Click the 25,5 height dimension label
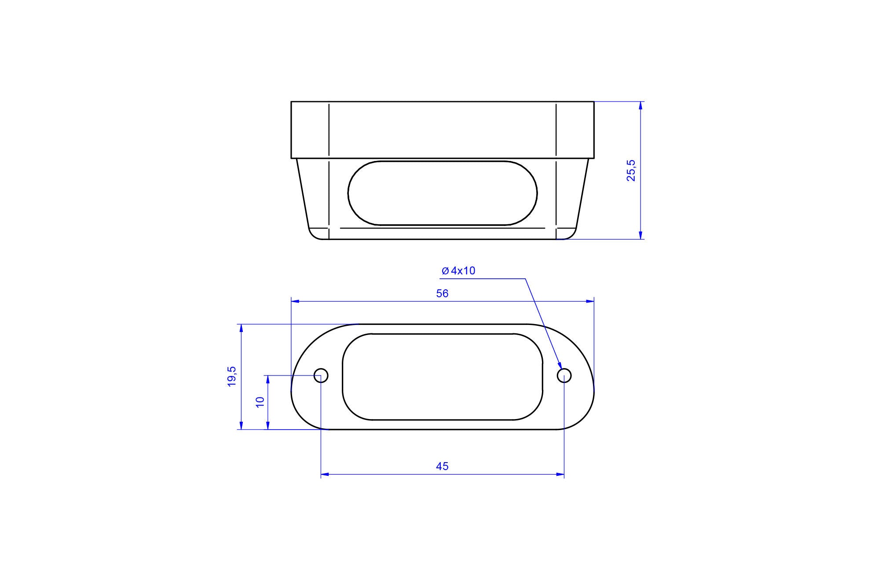pyautogui.click(x=631, y=171)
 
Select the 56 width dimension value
pyautogui.click(x=442, y=294)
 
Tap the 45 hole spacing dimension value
pyautogui.click(x=442, y=466)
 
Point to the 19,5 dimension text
pyautogui.click(x=232, y=376)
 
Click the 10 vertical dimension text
pyautogui.click(x=260, y=402)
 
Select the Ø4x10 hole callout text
pyautogui.click(x=458, y=271)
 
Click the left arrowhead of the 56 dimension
pyautogui.click(x=295, y=301)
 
